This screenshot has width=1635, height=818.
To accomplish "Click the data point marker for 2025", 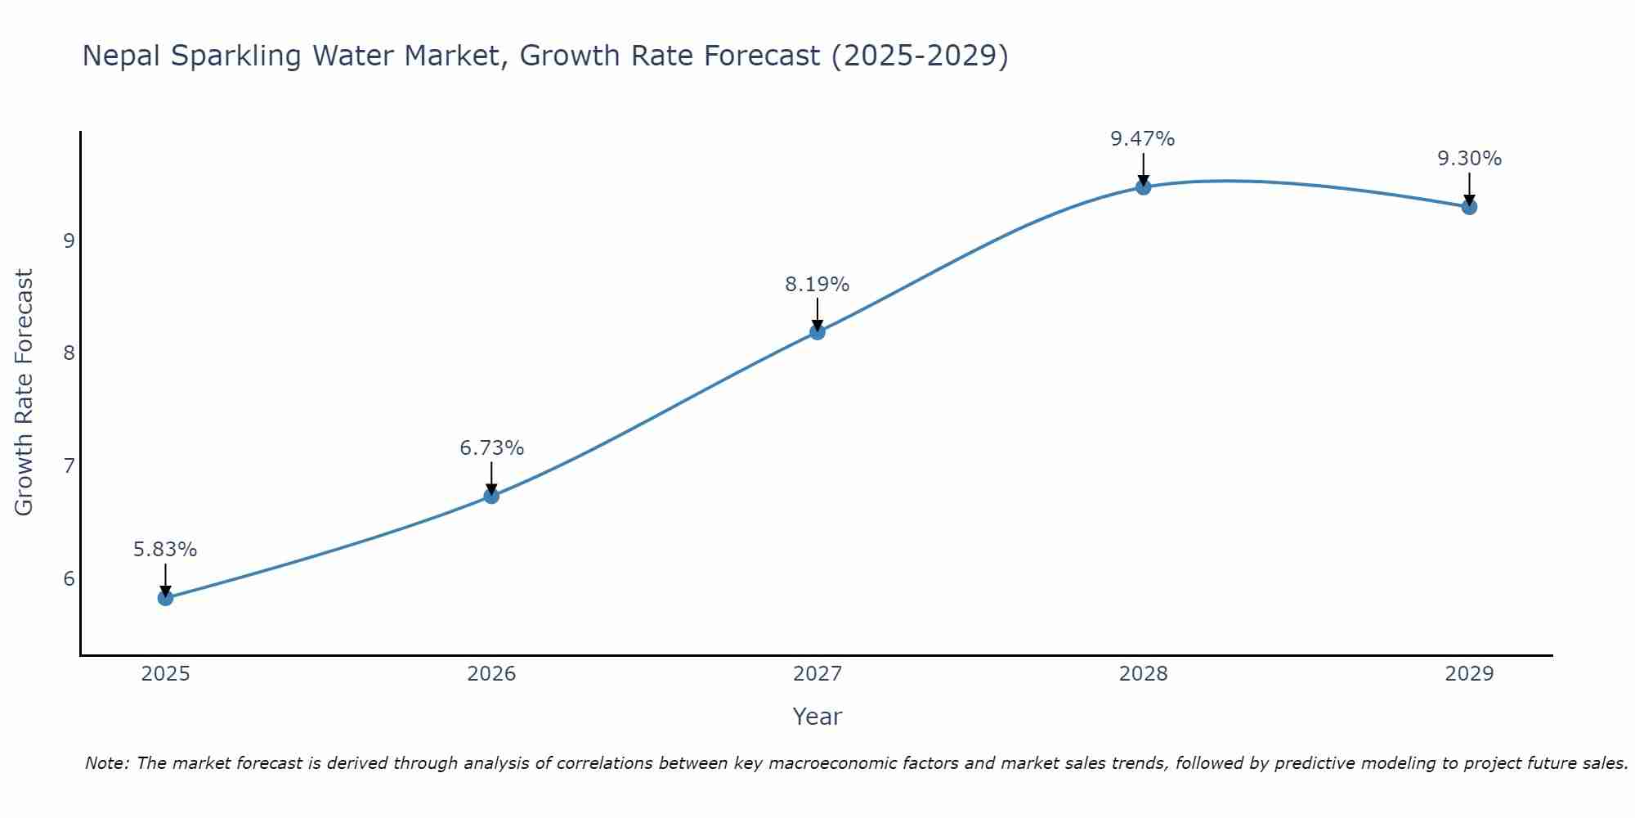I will pos(165,598).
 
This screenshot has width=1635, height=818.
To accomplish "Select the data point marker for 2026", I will pos(491,496).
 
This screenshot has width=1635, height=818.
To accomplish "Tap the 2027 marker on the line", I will pos(817,331).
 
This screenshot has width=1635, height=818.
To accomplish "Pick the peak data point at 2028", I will pos(1143,187).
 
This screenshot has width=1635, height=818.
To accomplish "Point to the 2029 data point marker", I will pos(1469,207).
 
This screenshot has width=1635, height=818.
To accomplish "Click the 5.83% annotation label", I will pos(165,550).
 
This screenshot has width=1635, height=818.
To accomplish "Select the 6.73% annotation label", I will pos(491,448).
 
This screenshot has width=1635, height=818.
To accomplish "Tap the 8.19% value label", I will pos(817,285).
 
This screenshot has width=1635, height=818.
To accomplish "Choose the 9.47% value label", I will pos(1142,139).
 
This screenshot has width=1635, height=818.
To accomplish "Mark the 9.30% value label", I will pos(1469,159).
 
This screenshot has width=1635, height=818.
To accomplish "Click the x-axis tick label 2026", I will pos(491,674).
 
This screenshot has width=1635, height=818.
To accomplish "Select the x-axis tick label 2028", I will pos(1143,674).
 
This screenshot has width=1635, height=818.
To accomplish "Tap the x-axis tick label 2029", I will pos(1469,674).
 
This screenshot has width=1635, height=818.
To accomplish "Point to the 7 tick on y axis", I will pos(69,466).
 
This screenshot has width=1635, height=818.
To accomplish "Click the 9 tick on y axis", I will pos(69,240).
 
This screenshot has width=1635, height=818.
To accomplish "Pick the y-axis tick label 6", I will pos(69,579).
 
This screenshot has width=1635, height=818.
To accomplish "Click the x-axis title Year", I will pos(817,717).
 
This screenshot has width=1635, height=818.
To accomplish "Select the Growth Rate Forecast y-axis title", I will pos(25,393).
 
